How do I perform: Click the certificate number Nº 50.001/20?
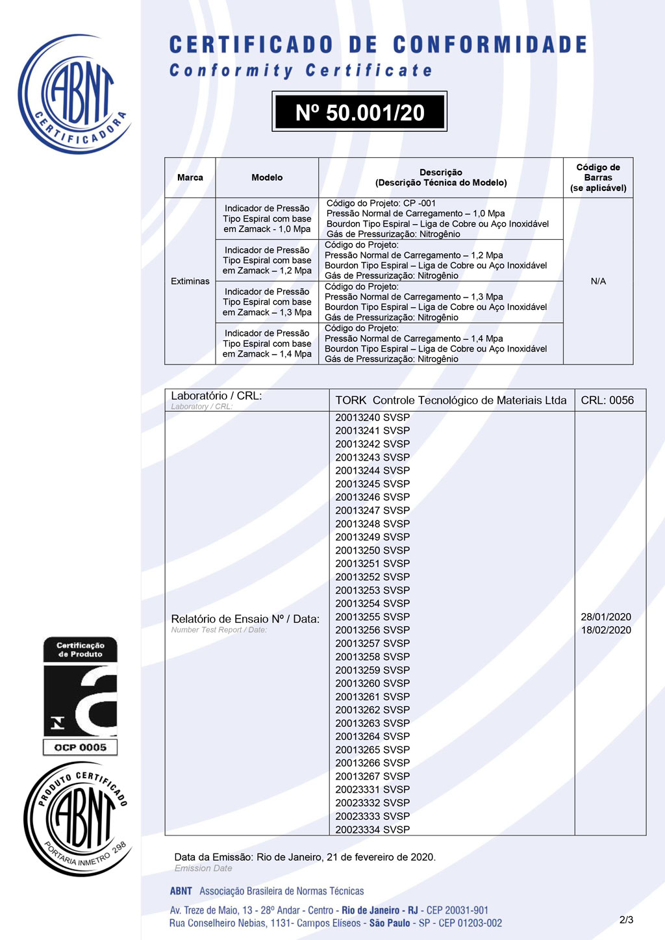359,112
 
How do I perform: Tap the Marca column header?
190,177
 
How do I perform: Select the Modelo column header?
267,177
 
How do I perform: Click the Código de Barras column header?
598,177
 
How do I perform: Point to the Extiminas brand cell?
190,281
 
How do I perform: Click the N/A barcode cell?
598,281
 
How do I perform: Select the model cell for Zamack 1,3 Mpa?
267,302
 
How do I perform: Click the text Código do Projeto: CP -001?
381,203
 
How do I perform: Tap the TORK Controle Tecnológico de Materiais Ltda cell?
451,400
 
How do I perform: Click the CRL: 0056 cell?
607,400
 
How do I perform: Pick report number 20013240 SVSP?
372,418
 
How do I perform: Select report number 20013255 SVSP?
372,616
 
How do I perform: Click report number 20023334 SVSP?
372,830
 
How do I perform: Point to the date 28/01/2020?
606,616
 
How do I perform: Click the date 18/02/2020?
606,630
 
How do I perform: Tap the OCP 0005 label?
81,748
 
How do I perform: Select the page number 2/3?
626,920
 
